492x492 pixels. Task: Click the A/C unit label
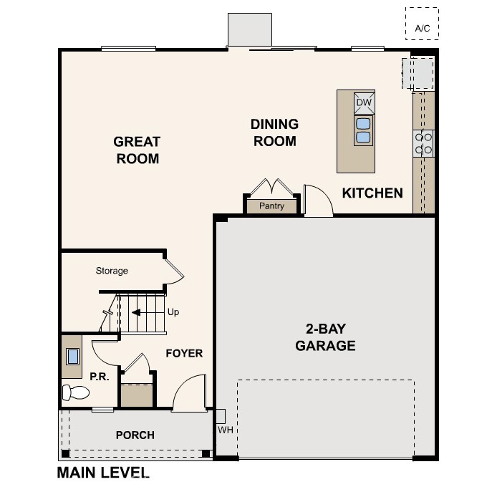click(x=422, y=29)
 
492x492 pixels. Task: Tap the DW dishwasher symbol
click(x=364, y=102)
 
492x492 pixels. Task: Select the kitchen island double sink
click(x=363, y=130)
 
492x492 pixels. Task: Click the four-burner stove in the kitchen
click(x=423, y=143)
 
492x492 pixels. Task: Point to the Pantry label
click(x=271, y=206)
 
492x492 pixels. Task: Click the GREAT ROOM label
click(x=137, y=150)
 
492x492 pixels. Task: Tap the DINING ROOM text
click(x=274, y=132)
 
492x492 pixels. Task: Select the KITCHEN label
click(x=372, y=193)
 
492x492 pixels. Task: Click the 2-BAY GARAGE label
click(x=325, y=337)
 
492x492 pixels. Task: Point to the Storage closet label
click(x=112, y=271)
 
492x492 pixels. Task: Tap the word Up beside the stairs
click(x=173, y=312)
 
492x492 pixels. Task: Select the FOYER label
click(x=184, y=353)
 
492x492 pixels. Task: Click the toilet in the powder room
click(x=76, y=392)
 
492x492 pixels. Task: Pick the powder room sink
click(x=73, y=357)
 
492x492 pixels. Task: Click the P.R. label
click(x=100, y=377)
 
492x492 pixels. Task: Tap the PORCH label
click(x=135, y=435)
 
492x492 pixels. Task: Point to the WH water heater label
click(x=226, y=430)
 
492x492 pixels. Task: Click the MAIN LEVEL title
click(x=102, y=473)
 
